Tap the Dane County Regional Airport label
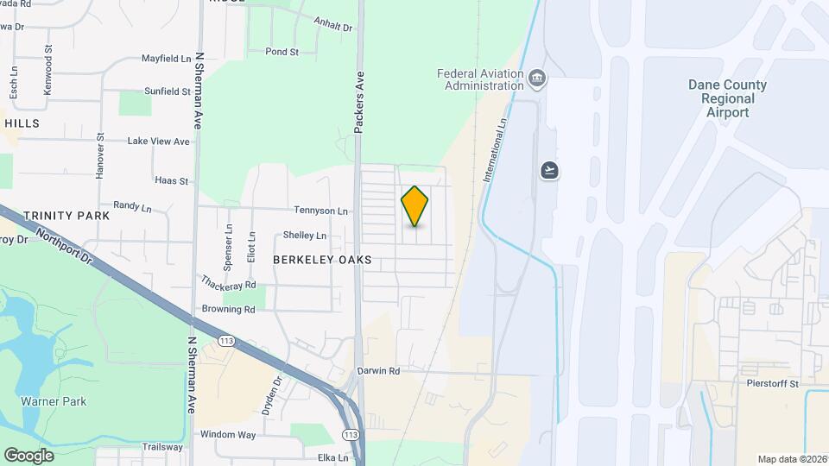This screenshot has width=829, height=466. click(x=727, y=98)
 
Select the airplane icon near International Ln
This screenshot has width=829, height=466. click(x=550, y=170)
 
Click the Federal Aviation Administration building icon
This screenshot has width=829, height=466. click(x=537, y=79)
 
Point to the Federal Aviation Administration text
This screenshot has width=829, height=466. click(x=480, y=79)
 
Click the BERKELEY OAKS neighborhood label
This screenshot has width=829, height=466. click(x=322, y=259)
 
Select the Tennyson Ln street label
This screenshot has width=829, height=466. click(x=320, y=211)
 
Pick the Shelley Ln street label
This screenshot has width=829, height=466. click(x=305, y=236)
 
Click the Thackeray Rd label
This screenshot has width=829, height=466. click(x=229, y=283)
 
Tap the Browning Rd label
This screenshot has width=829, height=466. click(x=228, y=309)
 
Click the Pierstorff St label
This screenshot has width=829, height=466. click(x=771, y=382)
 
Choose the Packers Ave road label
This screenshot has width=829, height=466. click(x=359, y=102)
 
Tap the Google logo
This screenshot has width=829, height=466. click(x=28, y=455)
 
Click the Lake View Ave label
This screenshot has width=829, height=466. click(x=158, y=141)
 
